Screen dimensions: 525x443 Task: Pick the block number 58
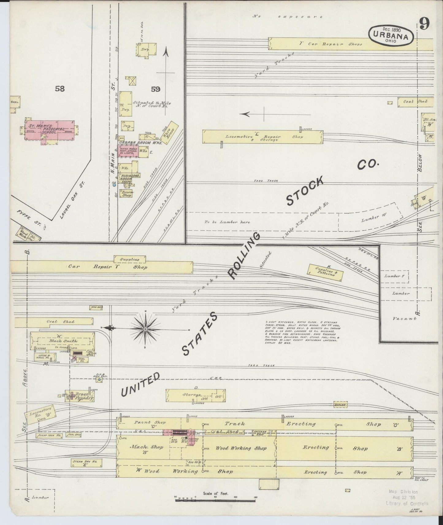(x=60, y=89)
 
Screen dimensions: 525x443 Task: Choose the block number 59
(x=155, y=89)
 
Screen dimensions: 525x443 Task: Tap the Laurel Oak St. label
(x=71, y=200)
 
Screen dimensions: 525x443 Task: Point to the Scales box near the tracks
(x=340, y=405)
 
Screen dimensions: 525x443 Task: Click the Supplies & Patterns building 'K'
(x=325, y=273)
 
